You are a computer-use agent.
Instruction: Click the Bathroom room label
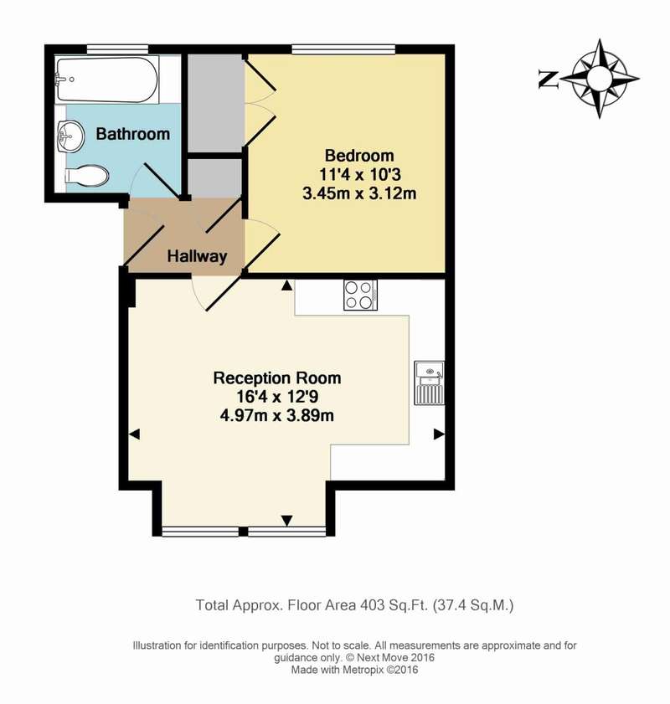point(133,134)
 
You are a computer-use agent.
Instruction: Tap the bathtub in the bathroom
point(106,80)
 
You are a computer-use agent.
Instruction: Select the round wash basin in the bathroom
point(70,135)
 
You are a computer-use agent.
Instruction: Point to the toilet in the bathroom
point(87,176)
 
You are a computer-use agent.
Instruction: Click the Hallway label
point(197,256)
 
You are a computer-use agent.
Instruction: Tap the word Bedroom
point(359,156)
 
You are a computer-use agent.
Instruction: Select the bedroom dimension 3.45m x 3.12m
point(359,193)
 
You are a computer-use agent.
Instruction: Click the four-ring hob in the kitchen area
point(360,295)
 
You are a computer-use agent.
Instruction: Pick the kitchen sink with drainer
point(429,383)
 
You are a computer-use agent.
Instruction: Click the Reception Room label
point(277,378)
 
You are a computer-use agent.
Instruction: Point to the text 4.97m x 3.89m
point(277,416)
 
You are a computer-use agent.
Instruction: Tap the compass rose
point(600,79)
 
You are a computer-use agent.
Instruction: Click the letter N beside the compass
point(549,80)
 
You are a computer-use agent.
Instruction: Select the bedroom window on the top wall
point(343,49)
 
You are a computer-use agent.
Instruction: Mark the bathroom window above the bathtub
point(117,49)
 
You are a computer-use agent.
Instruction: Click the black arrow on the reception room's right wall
point(439,434)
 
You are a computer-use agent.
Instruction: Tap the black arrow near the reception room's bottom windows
point(287,521)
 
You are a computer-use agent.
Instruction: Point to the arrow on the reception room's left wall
point(134,434)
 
